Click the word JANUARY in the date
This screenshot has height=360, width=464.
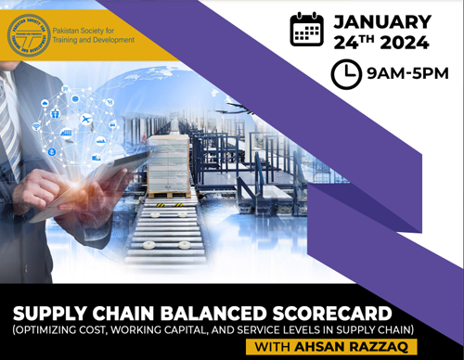[382, 20]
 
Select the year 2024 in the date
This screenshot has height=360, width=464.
[403, 42]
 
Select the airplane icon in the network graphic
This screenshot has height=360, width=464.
[86, 120]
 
